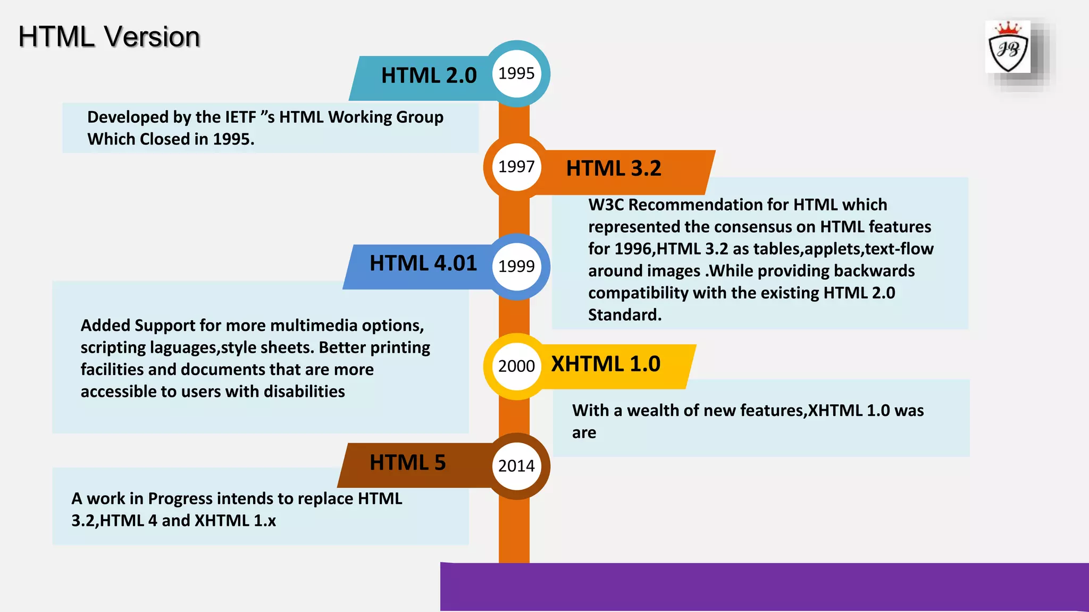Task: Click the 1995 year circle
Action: point(516,73)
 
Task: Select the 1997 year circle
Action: point(516,167)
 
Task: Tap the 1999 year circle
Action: point(516,266)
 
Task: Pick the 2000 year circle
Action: point(516,366)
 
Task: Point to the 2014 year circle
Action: point(516,466)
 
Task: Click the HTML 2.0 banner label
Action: point(429,75)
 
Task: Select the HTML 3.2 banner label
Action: point(614,168)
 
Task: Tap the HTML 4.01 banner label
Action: point(423,263)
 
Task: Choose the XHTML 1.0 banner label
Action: point(606,364)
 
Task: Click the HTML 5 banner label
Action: point(407,463)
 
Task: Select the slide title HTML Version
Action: point(109,37)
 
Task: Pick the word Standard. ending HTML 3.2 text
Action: point(625,315)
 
